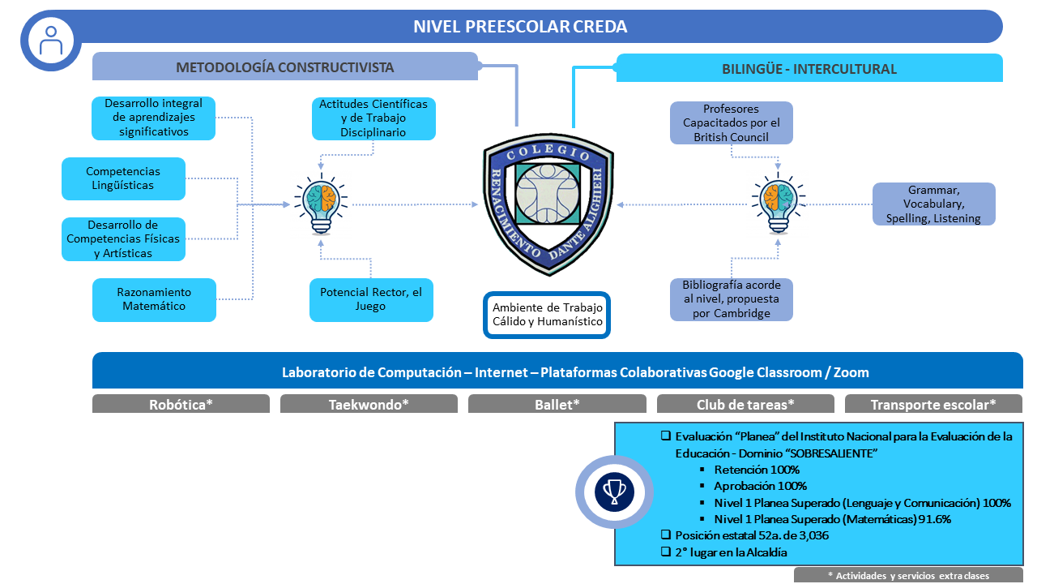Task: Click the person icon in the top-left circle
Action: (52, 40)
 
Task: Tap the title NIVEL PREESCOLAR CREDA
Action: (520, 27)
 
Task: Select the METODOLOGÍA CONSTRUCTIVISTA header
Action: (284, 67)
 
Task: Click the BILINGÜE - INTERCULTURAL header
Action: (809, 68)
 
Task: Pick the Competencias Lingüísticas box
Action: (123, 178)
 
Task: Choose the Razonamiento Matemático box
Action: (154, 299)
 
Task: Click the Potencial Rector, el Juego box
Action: (371, 299)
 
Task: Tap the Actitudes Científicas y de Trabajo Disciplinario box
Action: (373, 118)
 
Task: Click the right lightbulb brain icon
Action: (777, 204)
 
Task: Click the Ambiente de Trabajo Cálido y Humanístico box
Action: (547, 315)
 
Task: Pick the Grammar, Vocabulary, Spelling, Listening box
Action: (933, 204)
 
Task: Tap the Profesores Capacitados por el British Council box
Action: (731, 122)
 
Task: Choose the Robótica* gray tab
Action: (181, 404)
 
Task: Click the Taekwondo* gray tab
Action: (369, 404)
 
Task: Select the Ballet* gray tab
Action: (557, 404)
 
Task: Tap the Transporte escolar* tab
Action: (933, 404)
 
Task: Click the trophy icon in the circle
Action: (614, 492)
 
